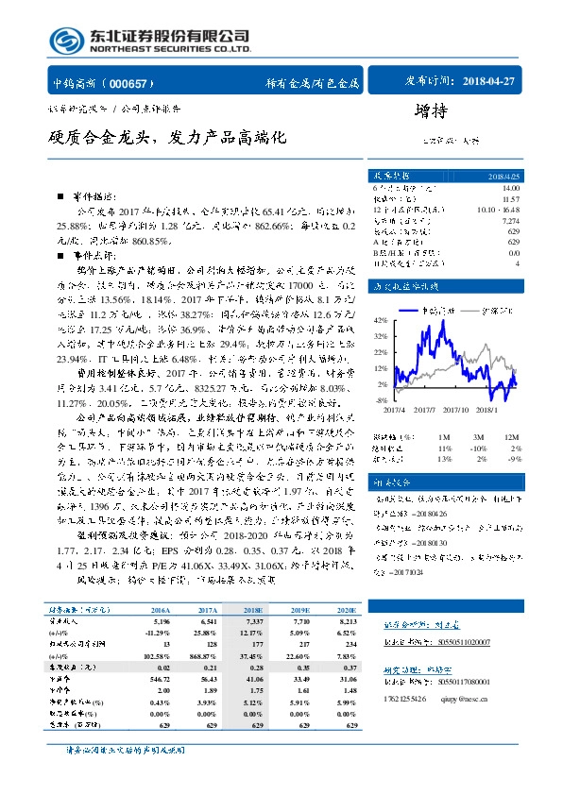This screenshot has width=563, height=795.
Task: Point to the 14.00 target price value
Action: point(510,189)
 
